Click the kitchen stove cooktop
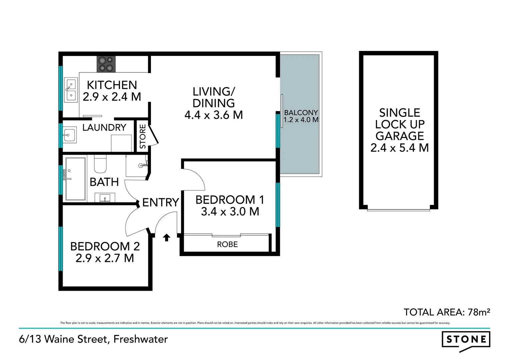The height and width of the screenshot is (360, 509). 106,64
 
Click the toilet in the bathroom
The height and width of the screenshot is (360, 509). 100,164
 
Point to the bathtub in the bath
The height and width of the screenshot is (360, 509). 75,179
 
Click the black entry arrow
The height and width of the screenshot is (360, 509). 167,237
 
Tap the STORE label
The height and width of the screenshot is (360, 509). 143,136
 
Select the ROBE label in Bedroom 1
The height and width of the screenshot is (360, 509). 227,244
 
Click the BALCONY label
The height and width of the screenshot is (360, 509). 301,113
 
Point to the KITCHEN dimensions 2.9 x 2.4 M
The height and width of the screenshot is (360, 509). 112,97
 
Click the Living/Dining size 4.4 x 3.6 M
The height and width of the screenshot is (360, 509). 214,115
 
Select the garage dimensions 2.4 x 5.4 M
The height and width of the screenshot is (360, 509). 399,148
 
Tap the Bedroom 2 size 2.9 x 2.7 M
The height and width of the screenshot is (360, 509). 105,258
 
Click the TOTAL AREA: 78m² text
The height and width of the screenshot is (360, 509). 447,312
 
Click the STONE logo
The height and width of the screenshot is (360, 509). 466,340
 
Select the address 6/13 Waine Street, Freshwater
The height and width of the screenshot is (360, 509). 93,339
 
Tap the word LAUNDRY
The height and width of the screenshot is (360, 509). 104,128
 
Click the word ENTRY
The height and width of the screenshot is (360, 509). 161,202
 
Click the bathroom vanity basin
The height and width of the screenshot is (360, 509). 105,198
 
